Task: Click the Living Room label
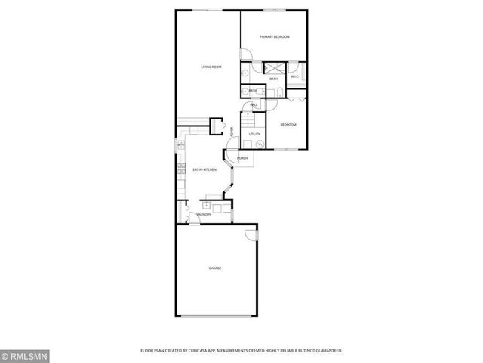211,67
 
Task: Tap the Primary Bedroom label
275,36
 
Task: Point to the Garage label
215,268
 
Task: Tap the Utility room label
255,134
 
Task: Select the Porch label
243,158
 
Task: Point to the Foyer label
232,132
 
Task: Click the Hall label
254,104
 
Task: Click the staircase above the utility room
249,120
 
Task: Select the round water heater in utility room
259,144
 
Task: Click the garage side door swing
252,236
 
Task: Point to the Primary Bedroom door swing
246,54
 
